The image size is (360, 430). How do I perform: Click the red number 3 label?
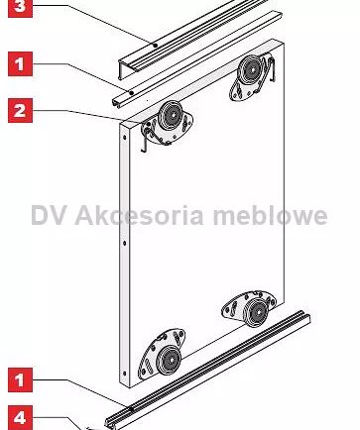click(x=20, y=7)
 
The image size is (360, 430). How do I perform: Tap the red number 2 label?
click(x=20, y=110)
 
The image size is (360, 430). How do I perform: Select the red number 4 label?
click(x=20, y=418)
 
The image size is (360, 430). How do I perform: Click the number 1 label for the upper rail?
click(x=20, y=63)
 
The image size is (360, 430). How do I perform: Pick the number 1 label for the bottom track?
click(x=20, y=379)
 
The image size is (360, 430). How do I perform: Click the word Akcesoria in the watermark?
click(x=139, y=215)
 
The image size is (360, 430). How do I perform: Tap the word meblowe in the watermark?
click(x=270, y=215)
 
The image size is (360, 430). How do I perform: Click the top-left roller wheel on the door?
click(x=172, y=115)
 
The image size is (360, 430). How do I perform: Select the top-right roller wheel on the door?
click(x=252, y=70)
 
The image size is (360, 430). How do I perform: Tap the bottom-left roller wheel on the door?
click(x=169, y=361)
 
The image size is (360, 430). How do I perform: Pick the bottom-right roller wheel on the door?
click(x=257, y=312)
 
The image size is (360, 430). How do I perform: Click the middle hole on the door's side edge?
click(x=124, y=244)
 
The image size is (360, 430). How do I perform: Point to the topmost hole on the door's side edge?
click(x=124, y=137)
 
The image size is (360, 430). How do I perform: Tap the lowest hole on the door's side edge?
click(x=124, y=374)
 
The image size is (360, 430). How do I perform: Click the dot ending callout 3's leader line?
click(x=155, y=46)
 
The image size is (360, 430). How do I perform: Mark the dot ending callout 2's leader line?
click(x=149, y=124)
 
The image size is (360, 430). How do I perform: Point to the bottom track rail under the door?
click(x=207, y=370)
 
